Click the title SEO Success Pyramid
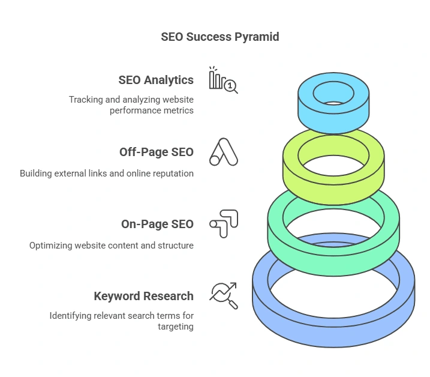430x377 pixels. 220,37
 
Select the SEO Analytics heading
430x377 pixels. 156,80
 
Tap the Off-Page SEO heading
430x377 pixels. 157,152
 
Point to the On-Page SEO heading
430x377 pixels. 157,224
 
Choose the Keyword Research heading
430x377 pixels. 144,296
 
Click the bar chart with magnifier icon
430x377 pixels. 223,80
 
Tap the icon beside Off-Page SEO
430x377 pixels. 224,152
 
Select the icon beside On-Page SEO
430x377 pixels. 224,224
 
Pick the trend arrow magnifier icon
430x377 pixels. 224,296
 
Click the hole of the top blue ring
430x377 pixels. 333,94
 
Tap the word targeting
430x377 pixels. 176,327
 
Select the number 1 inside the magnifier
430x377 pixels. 230,86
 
